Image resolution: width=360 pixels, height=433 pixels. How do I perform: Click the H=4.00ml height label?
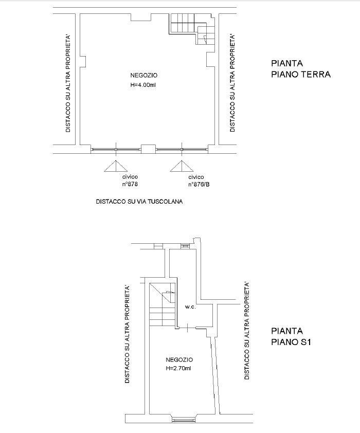point(143,85)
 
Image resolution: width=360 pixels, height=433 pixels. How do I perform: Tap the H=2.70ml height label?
point(178,368)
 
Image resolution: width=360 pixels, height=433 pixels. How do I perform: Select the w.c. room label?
point(190,307)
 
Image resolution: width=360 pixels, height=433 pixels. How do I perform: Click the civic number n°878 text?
point(130,184)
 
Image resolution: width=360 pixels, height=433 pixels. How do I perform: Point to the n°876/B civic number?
point(199,184)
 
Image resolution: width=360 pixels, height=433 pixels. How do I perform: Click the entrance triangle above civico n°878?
point(116,166)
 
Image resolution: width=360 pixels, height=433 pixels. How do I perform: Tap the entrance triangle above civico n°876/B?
point(182,166)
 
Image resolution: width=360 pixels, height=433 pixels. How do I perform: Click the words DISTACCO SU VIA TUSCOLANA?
point(139,202)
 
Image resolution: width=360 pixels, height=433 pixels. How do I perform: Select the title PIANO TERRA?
point(301,74)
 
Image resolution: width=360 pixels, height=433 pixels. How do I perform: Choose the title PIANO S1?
point(291,342)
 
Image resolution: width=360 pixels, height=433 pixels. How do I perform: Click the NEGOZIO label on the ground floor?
point(144,75)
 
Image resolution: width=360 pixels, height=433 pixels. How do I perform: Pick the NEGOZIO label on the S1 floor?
point(179,359)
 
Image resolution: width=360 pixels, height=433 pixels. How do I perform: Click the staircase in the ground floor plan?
point(192,29)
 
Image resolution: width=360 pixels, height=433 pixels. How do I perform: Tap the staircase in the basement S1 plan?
point(163,305)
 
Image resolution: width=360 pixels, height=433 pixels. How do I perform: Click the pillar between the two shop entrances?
point(149,149)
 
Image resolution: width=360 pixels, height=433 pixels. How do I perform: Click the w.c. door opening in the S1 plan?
point(187,328)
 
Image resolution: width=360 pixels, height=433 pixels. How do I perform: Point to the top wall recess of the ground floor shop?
point(141,17)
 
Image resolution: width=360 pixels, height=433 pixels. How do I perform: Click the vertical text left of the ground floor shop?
point(68,83)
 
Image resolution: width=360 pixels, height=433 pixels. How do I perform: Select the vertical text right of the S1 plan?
point(247,331)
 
